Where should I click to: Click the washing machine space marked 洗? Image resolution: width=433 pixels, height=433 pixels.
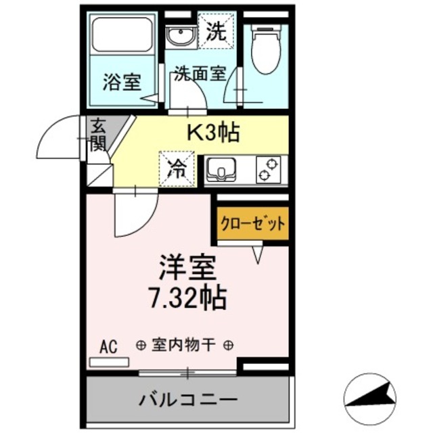click(217, 30)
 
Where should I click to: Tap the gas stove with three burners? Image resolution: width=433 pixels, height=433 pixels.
click(269, 169)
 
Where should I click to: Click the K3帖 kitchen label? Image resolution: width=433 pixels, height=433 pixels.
click(213, 133)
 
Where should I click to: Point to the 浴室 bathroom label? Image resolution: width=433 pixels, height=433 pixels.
click(122, 83)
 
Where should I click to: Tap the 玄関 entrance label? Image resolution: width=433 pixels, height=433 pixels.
click(97, 133)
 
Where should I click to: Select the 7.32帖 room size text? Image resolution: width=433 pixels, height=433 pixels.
click(189, 296)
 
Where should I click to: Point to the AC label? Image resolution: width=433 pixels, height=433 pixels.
click(108, 347)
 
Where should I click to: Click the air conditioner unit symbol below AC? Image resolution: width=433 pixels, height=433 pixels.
click(108, 362)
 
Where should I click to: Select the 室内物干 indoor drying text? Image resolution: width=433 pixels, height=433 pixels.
click(185, 346)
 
